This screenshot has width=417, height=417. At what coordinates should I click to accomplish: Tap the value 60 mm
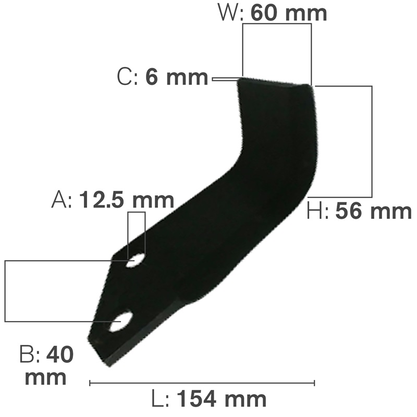[288, 13]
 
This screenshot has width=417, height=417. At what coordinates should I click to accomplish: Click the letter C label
[125, 78]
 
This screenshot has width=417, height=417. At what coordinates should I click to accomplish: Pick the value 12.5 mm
[126, 200]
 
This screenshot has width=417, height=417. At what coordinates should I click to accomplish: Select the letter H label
[316, 211]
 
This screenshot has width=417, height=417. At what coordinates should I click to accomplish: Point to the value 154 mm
[222, 400]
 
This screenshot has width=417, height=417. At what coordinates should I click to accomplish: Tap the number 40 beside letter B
[59, 355]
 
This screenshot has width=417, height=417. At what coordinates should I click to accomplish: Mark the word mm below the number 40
[45, 377]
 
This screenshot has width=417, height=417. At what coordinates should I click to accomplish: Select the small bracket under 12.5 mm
[137, 213]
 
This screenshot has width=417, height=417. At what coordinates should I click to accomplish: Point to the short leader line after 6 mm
[224, 79]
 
